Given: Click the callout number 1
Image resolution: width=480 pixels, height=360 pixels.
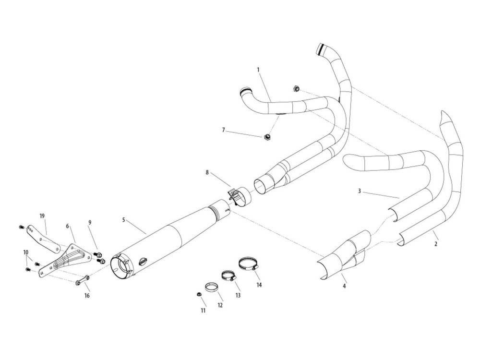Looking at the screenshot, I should tap(258, 70).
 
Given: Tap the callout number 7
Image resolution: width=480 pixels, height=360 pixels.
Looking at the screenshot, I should tap(223, 130).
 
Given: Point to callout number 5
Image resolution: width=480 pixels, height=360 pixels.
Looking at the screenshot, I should tap(124, 220).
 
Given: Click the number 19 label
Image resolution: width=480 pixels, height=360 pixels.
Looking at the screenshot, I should tap(42, 216).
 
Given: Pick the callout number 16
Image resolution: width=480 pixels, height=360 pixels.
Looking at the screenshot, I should tap(87, 296).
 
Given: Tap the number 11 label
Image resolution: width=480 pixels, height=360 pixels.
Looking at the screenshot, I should tap(203, 311).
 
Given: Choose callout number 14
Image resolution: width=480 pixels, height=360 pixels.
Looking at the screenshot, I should tap(259, 285).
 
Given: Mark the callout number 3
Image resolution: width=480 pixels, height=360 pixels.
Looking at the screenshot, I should tap(360, 191).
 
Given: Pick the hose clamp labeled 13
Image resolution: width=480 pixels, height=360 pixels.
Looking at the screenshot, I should tap(228, 276).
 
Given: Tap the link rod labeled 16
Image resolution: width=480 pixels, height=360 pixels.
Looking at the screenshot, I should tap(82, 280).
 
